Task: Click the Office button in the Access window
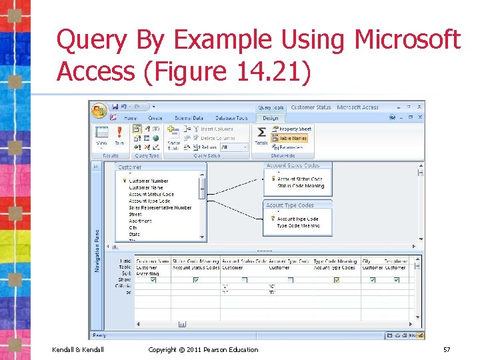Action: tap(100, 110)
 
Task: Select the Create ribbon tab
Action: tap(155, 118)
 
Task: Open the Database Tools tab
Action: tap(232, 118)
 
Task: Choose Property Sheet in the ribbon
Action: tap(295, 129)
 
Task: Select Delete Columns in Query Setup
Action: tap(217, 138)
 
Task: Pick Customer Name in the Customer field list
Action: tap(146, 187)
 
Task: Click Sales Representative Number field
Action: tap(160, 207)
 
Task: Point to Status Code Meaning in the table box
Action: tap(300, 185)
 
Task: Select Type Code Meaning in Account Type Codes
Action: tap(298, 225)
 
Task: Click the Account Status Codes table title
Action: tap(293, 165)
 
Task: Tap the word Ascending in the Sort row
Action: tap(147, 273)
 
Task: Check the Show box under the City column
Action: tap(372, 280)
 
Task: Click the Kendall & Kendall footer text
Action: tap(77, 349)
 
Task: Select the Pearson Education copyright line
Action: tap(203, 349)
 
